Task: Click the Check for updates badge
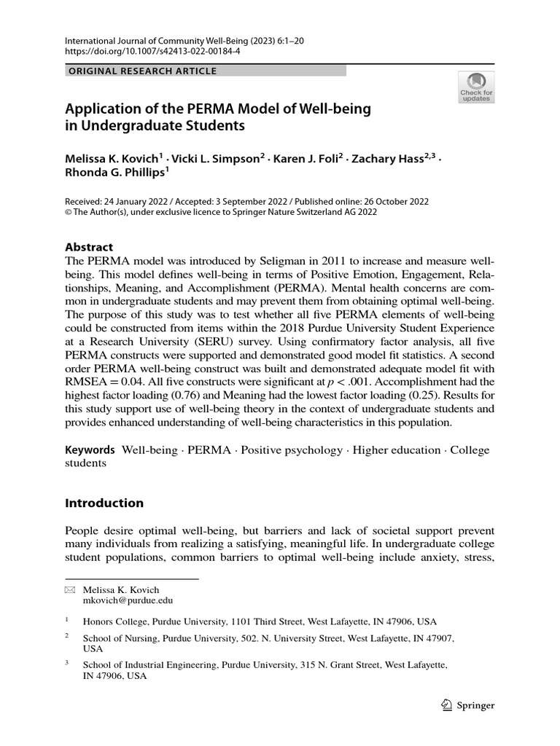[475, 88]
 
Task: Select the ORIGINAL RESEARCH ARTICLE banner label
[143, 71]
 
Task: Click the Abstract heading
[90, 247]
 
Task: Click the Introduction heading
[104, 503]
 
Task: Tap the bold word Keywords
[90, 449]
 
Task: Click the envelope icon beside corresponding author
[70, 589]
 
